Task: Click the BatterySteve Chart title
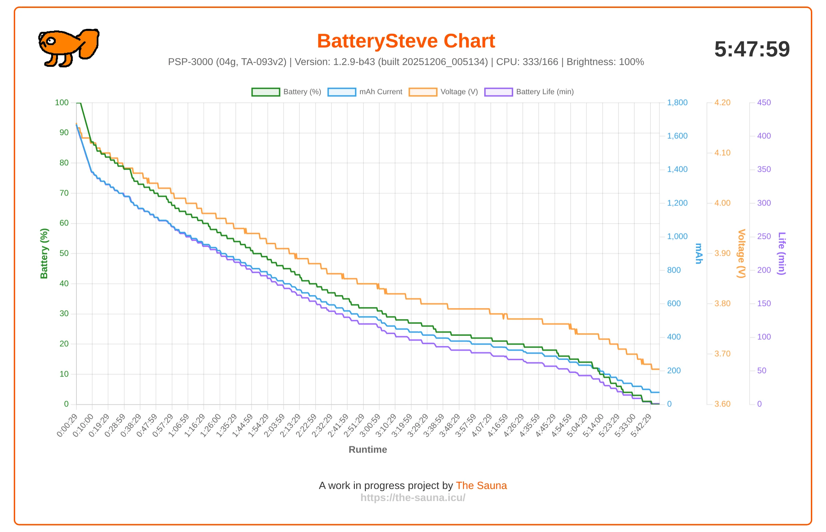pyautogui.click(x=406, y=41)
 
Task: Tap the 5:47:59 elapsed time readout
pyautogui.click(x=752, y=49)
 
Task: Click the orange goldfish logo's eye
pyautogui.click(x=51, y=41)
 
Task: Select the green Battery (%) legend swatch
pyautogui.click(x=266, y=92)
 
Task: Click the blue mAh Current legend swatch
pyautogui.click(x=342, y=92)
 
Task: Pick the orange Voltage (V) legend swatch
pyautogui.click(x=423, y=92)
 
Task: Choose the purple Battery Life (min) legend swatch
pyautogui.click(x=498, y=92)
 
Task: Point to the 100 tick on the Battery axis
pyautogui.click(x=62, y=103)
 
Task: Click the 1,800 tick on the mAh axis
pyautogui.click(x=677, y=103)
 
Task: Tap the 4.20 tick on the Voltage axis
pyautogui.click(x=722, y=103)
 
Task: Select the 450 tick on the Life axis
pyautogui.click(x=764, y=103)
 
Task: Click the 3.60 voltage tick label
pyautogui.click(x=722, y=404)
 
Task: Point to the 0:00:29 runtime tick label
pyautogui.click(x=68, y=426)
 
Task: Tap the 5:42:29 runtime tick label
pyautogui.click(x=642, y=426)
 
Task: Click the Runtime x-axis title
pyautogui.click(x=368, y=450)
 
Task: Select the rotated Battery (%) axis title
pyautogui.click(x=44, y=254)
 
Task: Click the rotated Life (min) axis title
pyautogui.click(x=782, y=254)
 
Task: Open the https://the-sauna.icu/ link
pyautogui.click(x=413, y=498)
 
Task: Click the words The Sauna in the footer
pyautogui.click(x=481, y=486)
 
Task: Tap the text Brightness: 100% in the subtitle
pyautogui.click(x=605, y=62)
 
